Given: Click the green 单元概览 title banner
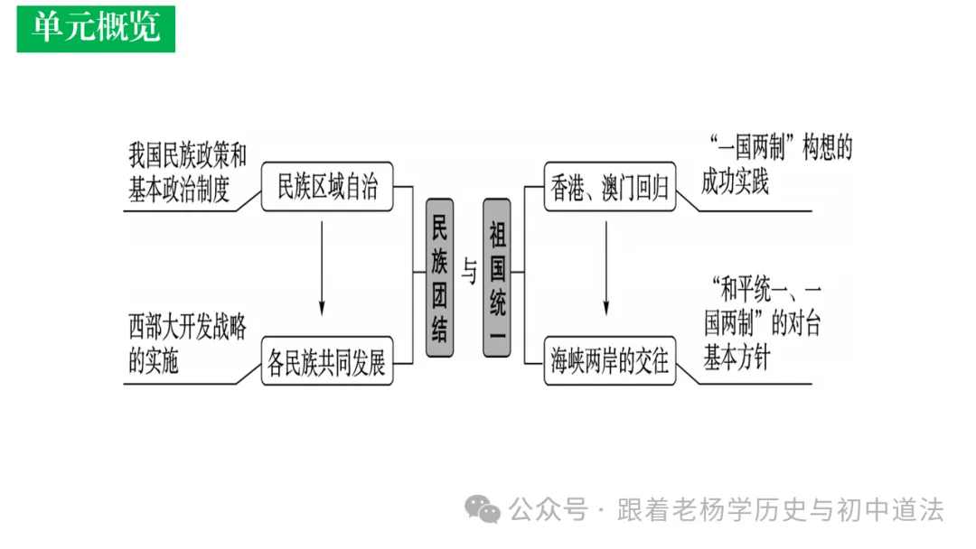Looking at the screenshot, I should [x=96, y=28].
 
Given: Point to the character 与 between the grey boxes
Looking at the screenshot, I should [x=468, y=272].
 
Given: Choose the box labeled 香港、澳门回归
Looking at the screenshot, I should [x=610, y=188].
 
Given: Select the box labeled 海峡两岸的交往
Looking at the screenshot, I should [x=610, y=362].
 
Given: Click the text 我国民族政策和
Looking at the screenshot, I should [x=187, y=156].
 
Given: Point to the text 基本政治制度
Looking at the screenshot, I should [x=180, y=190].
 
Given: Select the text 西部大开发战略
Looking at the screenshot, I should [x=187, y=328].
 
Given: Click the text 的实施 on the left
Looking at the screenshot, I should [x=154, y=361].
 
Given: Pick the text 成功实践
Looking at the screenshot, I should [x=735, y=182].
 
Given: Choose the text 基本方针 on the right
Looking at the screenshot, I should [x=737, y=358].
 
